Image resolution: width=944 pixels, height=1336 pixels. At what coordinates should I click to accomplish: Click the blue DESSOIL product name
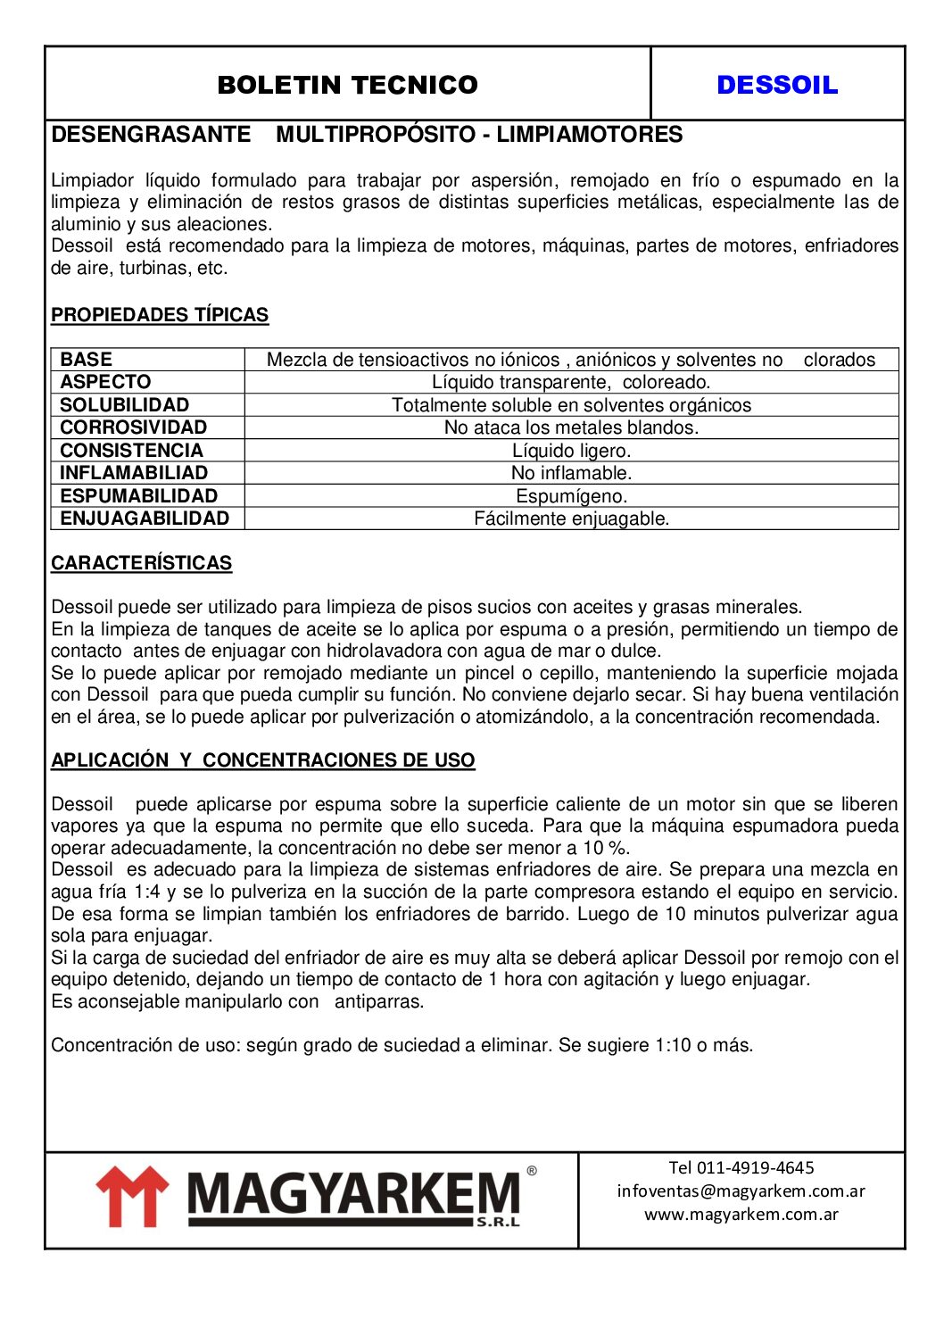777,85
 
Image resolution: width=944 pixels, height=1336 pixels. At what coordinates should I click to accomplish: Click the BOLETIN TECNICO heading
347,85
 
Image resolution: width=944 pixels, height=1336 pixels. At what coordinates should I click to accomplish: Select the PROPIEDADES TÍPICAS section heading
160,315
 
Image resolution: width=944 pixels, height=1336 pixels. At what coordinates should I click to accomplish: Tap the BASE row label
87,360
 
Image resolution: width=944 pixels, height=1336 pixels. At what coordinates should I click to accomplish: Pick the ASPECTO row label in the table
105,382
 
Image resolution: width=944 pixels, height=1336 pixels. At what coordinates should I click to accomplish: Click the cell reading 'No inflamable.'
571,473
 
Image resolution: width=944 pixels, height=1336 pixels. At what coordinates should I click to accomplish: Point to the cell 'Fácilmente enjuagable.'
571,519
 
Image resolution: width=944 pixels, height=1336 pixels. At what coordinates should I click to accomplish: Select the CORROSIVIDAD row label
133,427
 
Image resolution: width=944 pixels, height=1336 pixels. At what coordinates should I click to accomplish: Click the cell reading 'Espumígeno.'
571,496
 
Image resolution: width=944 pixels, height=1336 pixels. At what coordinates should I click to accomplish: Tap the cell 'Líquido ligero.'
571,451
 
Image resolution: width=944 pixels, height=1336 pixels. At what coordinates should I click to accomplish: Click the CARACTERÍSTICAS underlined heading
141,563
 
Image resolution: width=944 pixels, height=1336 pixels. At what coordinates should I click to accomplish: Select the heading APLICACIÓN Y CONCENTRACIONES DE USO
262,760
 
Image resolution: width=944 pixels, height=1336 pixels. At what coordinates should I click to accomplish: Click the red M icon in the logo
132,1197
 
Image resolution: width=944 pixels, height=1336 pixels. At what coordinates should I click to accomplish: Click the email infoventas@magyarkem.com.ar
741,1191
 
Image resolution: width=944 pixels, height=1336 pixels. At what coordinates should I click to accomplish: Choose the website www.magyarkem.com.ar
741,1214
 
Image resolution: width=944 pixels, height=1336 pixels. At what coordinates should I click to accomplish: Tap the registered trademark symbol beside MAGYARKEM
532,1170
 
